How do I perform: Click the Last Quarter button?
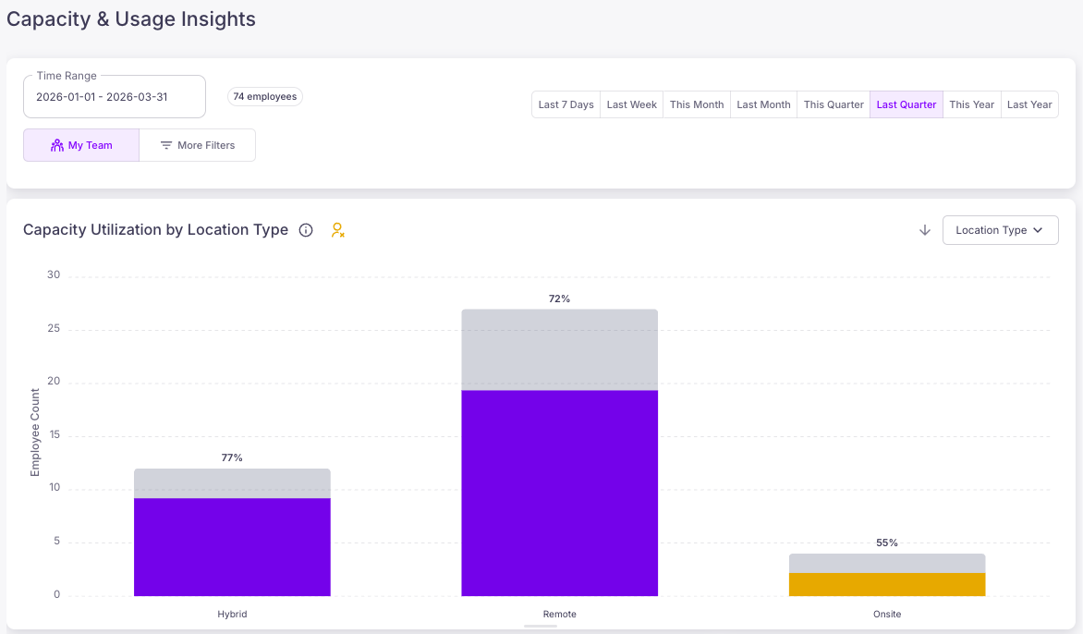click(x=907, y=104)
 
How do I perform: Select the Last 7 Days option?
click(x=566, y=104)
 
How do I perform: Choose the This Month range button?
click(x=696, y=104)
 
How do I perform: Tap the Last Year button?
click(x=1029, y=104)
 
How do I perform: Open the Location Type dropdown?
click(x=1000, y=230)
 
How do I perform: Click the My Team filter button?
click(x=81, y=145)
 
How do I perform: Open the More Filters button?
click(x=198, y=145)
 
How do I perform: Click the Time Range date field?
click(x=115, y=97)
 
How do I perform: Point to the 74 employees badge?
click(x=265, y=97)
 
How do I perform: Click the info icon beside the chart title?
click(x=306, y=230)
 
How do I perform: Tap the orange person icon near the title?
click(x=337, y=230)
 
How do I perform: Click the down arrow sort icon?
click(x=925, y=230)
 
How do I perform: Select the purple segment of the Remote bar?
click(x=559, y=494)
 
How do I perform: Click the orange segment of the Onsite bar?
click(x=887, y=584)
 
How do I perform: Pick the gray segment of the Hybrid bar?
click(x=232, y=483)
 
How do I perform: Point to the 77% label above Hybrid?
click(x=232, y=457)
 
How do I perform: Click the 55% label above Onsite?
click(x=887, y=543)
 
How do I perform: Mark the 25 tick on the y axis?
click(x=54, y=328)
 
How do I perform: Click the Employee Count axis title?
click(x=35, y=433)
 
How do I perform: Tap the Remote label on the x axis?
click(x=559, y=614)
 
